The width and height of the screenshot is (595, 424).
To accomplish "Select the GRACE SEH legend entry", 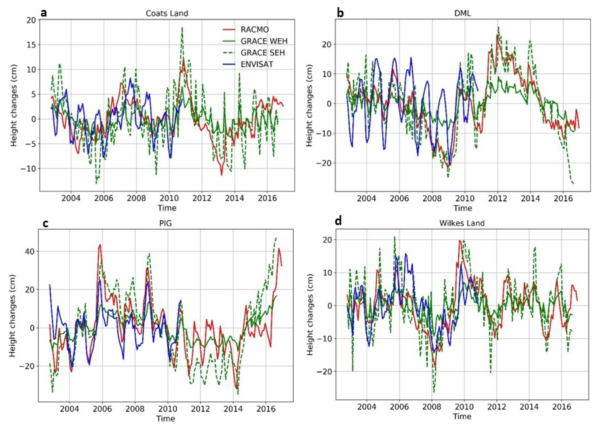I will (262, 53).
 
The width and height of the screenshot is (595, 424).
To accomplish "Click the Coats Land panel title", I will (167, 13).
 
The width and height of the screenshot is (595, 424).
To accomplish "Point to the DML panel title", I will (463, 13).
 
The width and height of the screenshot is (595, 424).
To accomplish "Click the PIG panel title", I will (166, 224).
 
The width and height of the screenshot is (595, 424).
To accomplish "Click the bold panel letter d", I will (338, 221).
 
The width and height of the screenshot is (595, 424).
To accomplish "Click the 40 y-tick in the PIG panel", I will (29, 251).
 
